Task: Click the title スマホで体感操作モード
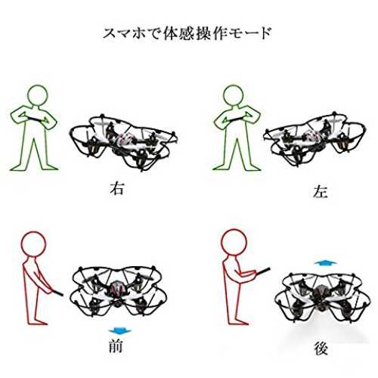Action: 187,33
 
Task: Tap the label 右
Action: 117,189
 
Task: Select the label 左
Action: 321,192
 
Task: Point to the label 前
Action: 116,346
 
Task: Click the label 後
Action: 321,349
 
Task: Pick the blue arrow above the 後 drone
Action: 325,263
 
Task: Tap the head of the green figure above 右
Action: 38,95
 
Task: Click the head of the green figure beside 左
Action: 234,95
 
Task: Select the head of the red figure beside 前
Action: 33,244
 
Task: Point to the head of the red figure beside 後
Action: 234,242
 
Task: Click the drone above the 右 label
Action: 123,142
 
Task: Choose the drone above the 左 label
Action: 314,140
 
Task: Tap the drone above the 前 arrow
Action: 118,290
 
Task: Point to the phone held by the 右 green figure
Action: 37,119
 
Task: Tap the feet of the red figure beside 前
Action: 37,322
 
